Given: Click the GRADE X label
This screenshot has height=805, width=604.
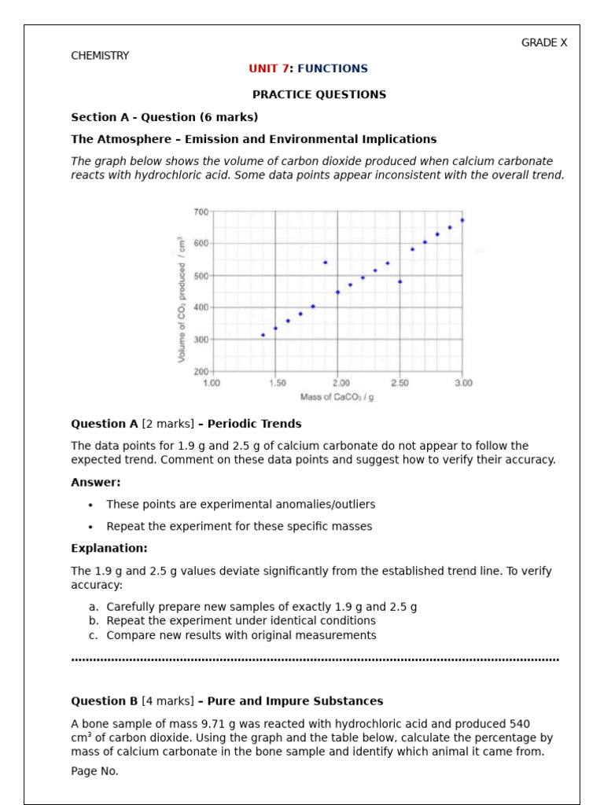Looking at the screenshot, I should (x=543, y=43).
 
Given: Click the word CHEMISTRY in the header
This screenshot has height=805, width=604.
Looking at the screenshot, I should (x=100, y=56).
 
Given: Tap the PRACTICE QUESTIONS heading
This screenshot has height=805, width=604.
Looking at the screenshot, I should (x=319, y=94).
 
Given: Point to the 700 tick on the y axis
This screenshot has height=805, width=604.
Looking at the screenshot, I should (x=201, y=212).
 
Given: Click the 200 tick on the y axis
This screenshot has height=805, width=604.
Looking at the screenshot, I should (x=201, y=371).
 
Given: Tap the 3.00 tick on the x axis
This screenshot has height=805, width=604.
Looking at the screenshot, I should (x=463, y=383).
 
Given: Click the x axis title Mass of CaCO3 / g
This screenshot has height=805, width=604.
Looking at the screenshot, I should (x=337, y=397).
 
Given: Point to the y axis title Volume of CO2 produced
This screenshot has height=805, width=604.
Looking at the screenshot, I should (x=182, y=300).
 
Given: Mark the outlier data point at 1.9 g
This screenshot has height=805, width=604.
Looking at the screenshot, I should (x=325, y=263).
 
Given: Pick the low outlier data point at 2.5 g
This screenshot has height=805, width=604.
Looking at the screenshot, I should (x=400, y=281).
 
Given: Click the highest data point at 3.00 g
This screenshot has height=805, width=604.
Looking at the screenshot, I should (x=462, y=220).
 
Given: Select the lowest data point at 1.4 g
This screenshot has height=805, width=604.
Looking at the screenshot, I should (x=263, y=335).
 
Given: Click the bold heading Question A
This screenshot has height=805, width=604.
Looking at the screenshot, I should (x=105, y=424).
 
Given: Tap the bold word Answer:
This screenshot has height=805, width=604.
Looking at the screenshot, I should (x=96, y=483).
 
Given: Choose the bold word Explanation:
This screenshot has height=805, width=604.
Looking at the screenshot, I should (x=109, y=548).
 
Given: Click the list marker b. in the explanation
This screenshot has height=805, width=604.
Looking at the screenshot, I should (x=94, y=621).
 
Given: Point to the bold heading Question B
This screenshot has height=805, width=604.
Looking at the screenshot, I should (x=105, y=701).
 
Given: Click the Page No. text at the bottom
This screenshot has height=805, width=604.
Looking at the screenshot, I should (x=94, y=771).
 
